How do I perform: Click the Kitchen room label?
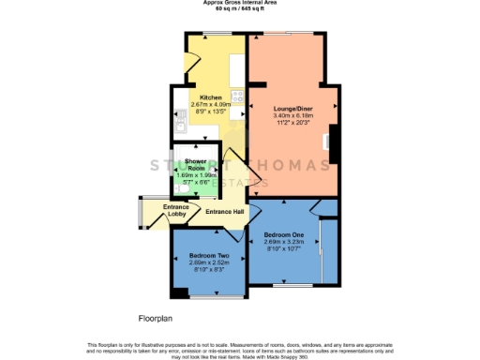click(x=210, y=96)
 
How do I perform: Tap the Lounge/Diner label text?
click(x=291, y=108)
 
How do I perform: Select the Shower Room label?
click(x=195, y=165)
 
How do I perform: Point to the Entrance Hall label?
click(x=225, y=213)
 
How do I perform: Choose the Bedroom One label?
click(x=284, y=234)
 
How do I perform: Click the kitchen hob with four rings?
click(x=238, y=96)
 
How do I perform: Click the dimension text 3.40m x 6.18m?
click(x=291, y=115)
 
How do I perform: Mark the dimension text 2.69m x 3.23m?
click(x=284, y=242)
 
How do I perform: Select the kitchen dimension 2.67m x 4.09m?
click(x=210, y=103)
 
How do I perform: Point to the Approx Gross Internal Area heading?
click(x=239, y=3)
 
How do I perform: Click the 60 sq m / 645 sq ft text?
click(x=239, y=9)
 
